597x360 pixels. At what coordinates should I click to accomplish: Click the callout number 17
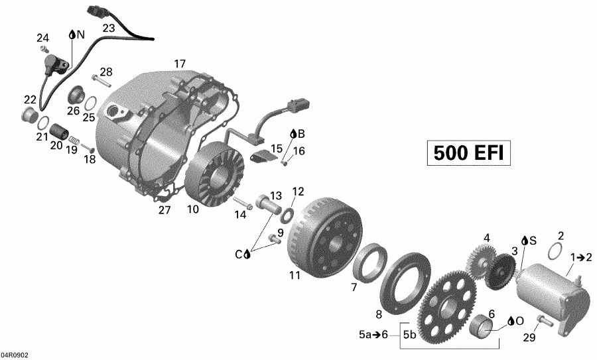coord(180,64)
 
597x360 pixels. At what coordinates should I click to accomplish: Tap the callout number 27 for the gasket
coord(164,211)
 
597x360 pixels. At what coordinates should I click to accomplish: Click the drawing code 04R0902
coord(15,355)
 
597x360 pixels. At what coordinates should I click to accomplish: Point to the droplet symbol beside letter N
coord(71,34)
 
